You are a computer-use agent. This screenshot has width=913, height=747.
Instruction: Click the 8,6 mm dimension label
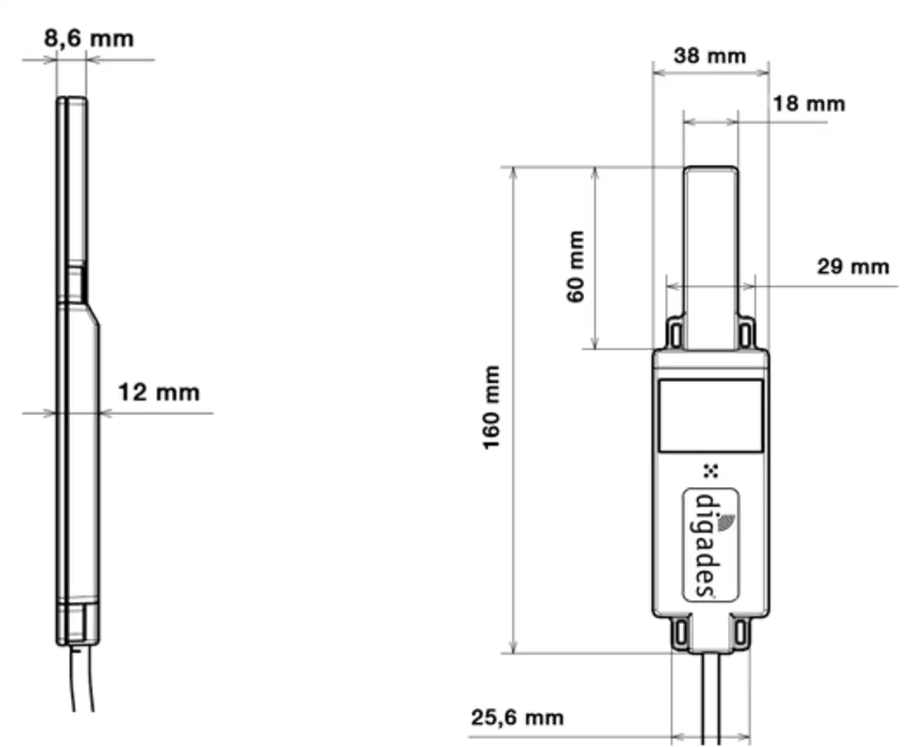pos(89,39)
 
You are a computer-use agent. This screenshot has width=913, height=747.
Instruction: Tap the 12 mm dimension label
pos(159,393)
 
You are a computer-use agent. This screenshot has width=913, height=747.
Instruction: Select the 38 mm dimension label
pos(710,56)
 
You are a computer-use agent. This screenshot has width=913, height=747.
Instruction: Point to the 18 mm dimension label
pos(809,104)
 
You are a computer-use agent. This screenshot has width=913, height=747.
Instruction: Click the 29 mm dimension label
pos(853,266)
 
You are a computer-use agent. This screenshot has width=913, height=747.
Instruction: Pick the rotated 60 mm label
pos(575,266)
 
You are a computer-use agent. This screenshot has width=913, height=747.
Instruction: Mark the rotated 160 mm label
pos(491,408)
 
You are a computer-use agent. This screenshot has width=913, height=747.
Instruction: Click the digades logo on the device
pos(711,545)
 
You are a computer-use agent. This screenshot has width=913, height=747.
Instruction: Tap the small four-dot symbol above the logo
pos(711,471)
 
